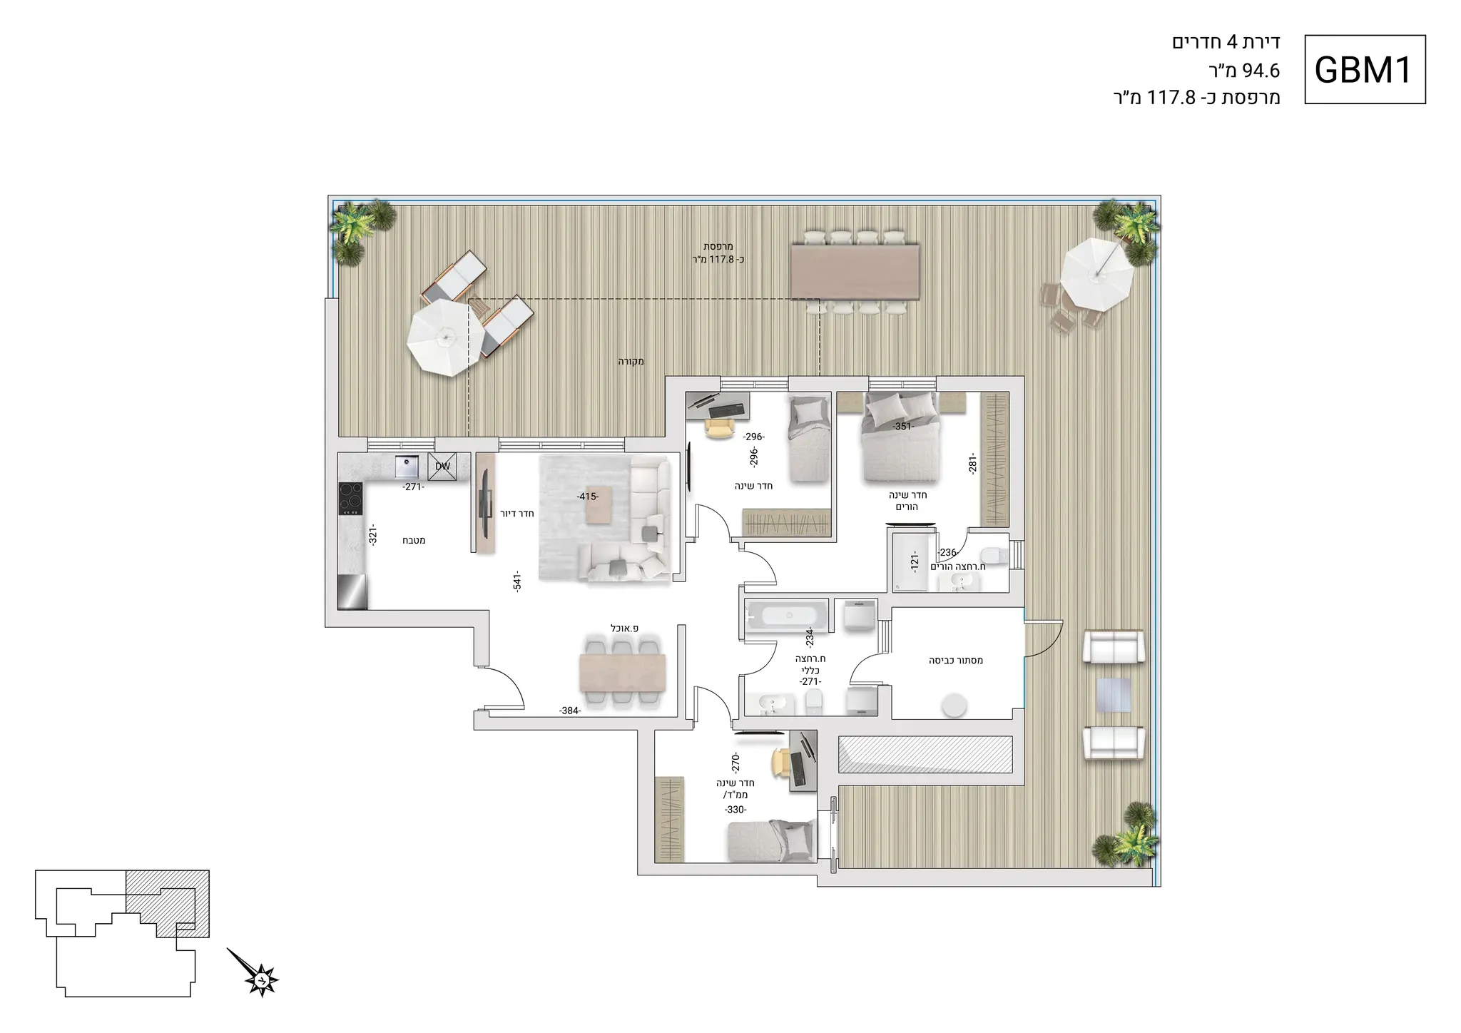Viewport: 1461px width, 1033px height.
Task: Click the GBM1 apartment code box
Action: pyautogui.click(x=1365, y=70)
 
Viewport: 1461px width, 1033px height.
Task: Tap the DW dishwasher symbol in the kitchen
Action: pyautogui.click(x=442, y=467)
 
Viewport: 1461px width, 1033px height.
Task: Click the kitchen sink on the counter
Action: pyautogui.click(x=407, y=466)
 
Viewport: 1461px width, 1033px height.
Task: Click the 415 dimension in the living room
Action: pyautogui.click(x=588, y=497)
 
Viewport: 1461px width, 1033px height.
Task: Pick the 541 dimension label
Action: pyautogui.click(x=517, y=581)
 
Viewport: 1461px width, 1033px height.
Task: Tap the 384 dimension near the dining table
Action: pyautogui.click(x=570, y=711)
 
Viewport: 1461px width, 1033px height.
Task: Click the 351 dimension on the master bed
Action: pyautogui.click(x=903, y=427)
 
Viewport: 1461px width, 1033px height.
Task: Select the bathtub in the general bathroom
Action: pyautogui.click(x=787, y=616)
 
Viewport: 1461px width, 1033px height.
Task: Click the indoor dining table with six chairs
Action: pyautogui.click(x=623, y=673)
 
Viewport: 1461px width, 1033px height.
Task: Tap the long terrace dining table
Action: pyautogui.click(x=855, y=272)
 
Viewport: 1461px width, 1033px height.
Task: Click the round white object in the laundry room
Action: pyautogui.click(x=954, y=706)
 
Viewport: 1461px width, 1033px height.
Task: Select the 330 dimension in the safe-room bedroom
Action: pyautogui.click(x=735, y=810)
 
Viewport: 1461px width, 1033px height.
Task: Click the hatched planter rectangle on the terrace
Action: pyautogui.click(x=925, y=754)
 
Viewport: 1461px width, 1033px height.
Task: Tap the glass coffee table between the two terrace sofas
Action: pyautogui.click(x=1114, y=695)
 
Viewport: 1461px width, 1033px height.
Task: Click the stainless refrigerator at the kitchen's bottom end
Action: pyautogui.click(x=352, y=592)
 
